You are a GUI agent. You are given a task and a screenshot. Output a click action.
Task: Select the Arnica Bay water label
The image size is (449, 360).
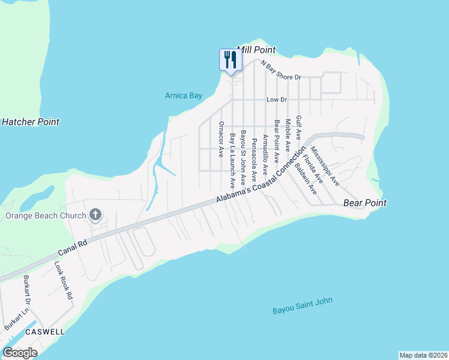[184, 95]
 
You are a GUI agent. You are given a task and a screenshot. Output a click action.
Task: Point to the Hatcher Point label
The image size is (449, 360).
[31, 122]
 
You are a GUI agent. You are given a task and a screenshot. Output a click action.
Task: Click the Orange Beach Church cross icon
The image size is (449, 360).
[95, 214]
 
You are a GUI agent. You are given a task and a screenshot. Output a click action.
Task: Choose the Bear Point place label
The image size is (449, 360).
[364, 203]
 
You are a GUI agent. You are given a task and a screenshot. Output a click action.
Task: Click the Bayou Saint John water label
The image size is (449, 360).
[302, 306]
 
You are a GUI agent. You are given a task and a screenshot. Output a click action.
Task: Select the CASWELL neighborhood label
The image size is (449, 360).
[45, 331]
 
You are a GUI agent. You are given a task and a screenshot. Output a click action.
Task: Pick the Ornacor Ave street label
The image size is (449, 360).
[221, 139]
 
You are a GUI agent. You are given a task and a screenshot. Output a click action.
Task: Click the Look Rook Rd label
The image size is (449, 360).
[63, 280]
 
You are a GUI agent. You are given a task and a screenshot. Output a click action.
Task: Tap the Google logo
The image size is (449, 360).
[20, 352]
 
